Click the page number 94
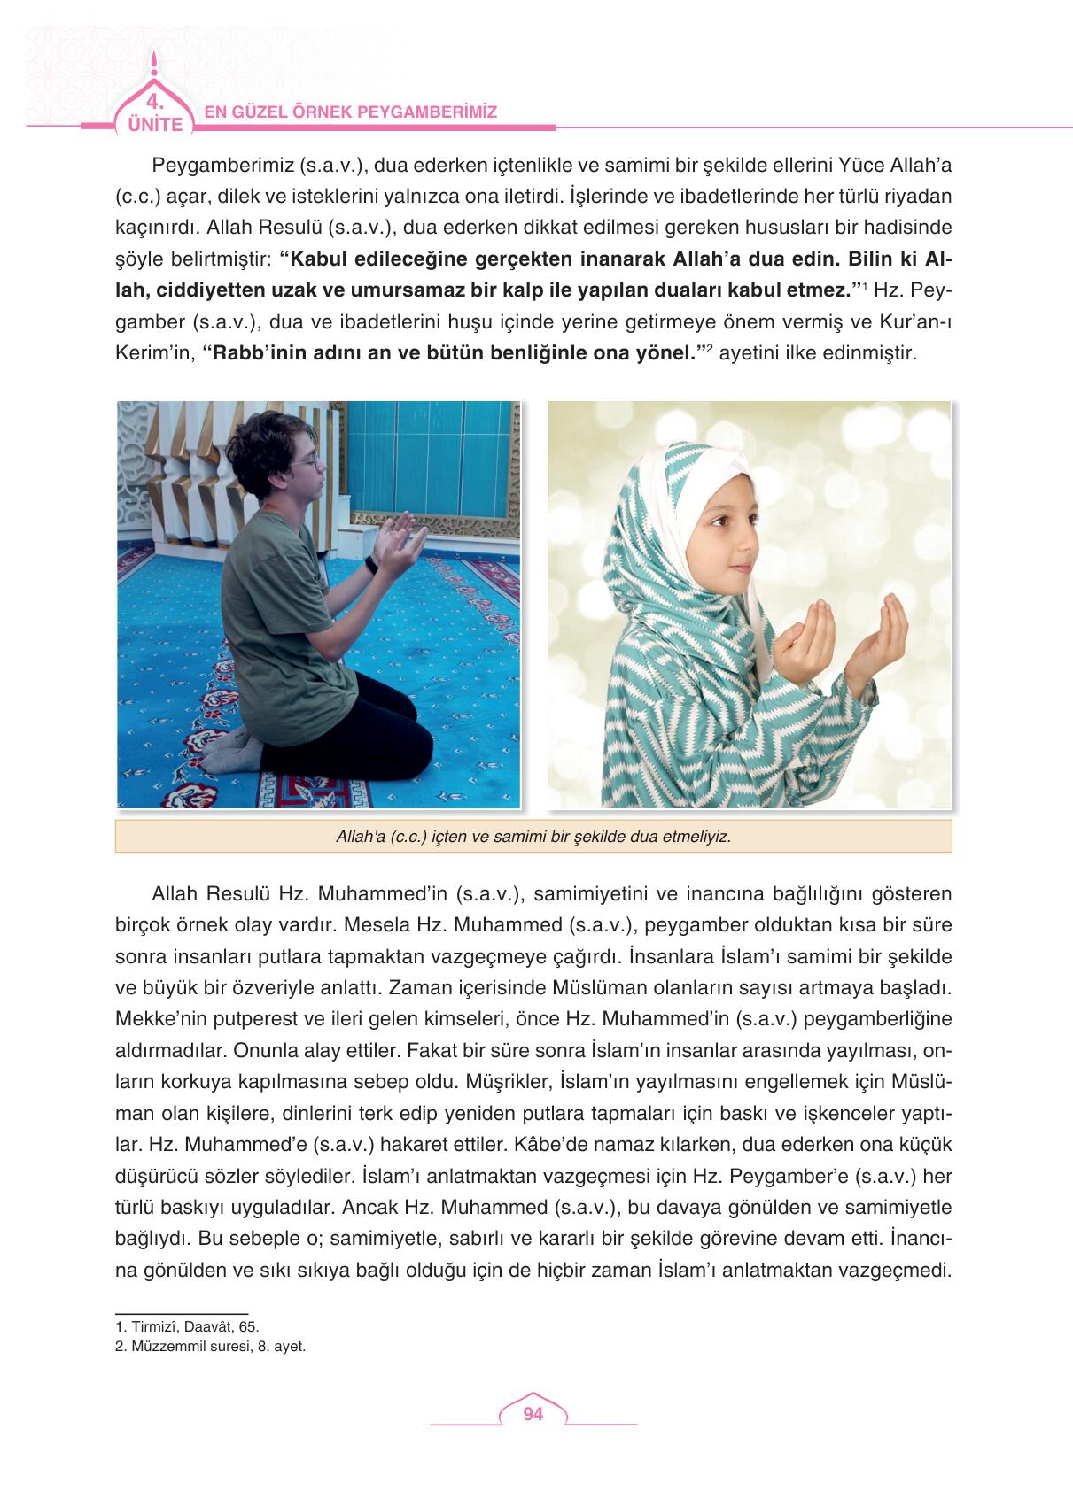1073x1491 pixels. [x=533, y=1414]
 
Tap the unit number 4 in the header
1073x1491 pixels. [x=154, y=99]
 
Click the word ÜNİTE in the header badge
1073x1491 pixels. [x=154, y=124]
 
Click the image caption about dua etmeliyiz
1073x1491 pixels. [x=533, y=836]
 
